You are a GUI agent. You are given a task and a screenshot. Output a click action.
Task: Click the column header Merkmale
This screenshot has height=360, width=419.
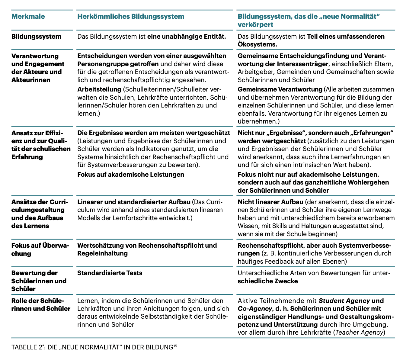(x=28, y=16)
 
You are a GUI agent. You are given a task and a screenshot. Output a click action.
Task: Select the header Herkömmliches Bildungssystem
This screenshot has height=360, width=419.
(x=131, y=16)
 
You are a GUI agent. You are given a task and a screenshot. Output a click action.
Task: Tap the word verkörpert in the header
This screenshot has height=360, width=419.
(x=255, y=24)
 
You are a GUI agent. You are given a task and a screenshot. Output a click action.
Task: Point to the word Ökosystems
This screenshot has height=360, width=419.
(x=257, y=44)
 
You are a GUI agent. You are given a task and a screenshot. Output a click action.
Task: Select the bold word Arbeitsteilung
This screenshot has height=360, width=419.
(x=99, y=89)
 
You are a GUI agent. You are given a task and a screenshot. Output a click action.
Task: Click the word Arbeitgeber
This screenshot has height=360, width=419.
(x=256, y=72)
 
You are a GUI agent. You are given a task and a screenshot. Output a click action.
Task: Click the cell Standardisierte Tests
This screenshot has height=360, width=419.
(x=110, y=273)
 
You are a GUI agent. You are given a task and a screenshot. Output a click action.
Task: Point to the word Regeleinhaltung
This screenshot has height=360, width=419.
(x=102, y=253)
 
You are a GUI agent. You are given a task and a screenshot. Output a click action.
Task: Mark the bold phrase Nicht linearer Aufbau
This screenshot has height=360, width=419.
(x=270, y=202)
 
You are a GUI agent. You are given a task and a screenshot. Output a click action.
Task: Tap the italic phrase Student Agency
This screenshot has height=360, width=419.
(x=344, y=301)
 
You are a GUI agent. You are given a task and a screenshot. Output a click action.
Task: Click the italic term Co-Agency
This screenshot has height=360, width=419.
(x=253, y=309)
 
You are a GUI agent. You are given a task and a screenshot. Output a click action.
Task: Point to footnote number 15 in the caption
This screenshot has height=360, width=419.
(x=175, y=346)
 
